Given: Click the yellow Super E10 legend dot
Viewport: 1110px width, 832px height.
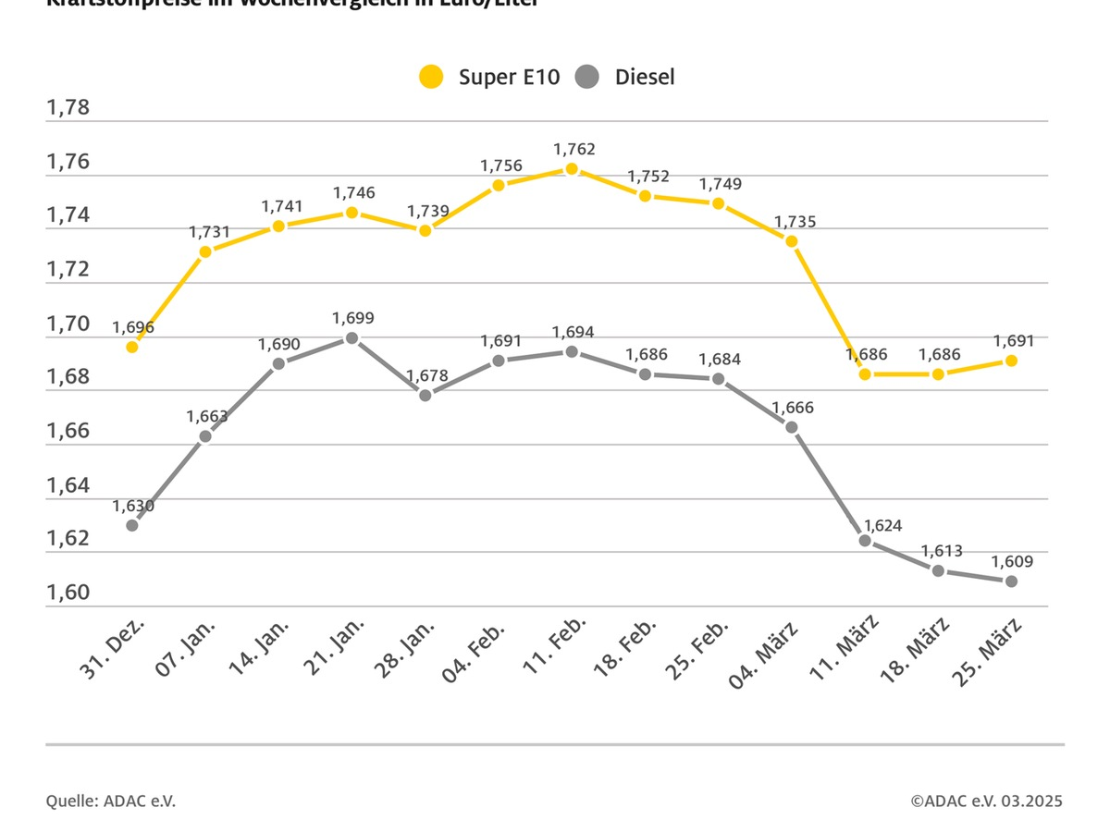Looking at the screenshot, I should pos(431,77).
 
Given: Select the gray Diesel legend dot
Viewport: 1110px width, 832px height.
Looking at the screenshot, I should pos(586,77).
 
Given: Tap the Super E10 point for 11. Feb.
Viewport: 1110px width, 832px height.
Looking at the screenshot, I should pos(572,169).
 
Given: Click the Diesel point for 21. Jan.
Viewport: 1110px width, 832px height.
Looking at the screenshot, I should pos(351,338).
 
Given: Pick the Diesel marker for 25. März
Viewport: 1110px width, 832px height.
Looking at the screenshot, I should pos(1011,581).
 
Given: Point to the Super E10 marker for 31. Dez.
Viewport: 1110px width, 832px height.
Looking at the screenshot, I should pos(132,347).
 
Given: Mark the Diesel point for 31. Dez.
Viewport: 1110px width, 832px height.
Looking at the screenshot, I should pos(132,525).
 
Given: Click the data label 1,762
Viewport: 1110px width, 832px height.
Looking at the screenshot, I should pos(573,149).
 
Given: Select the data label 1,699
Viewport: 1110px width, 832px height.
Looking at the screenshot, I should pos(353,319).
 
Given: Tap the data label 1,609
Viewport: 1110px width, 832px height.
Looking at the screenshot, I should pos(1012,561).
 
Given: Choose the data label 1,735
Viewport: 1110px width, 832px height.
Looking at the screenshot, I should pos(794,222).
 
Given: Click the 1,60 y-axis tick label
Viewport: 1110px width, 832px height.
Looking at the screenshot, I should pos(68,593).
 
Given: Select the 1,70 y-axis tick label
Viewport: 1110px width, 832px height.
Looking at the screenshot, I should pos(68,324).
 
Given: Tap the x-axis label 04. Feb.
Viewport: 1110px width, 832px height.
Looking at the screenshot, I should pos(477,651).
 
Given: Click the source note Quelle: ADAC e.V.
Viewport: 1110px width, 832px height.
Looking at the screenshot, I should pos(111,801).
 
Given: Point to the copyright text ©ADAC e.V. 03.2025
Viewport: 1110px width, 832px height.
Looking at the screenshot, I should pos(986,801).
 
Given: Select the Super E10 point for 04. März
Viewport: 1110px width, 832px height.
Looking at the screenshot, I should pos(792,241).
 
